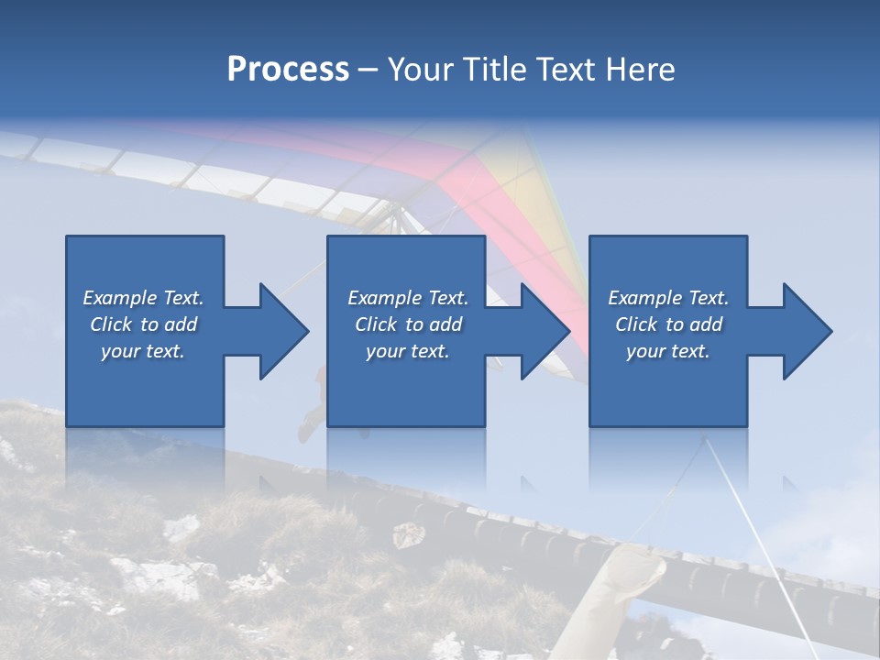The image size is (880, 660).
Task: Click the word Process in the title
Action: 288,69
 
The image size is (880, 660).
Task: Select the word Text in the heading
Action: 566,69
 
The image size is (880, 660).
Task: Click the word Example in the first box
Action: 119,298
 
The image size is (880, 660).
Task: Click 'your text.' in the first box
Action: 143,351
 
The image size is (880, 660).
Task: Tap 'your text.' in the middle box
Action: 407,351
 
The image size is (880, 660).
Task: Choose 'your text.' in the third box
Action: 668,351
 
